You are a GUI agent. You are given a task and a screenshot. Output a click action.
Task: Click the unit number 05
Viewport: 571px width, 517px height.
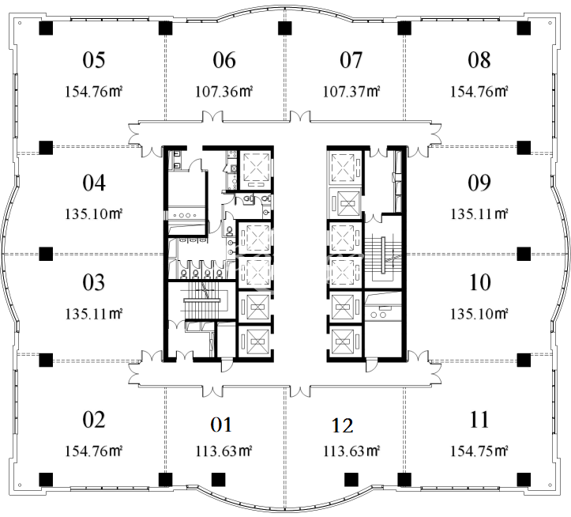point(94,60)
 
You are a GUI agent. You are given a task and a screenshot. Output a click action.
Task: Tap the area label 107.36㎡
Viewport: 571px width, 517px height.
point(224,92)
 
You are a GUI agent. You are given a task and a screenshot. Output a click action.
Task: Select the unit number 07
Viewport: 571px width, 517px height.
point(351,60)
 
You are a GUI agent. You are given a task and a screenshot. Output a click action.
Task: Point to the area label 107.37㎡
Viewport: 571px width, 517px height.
point(351,92)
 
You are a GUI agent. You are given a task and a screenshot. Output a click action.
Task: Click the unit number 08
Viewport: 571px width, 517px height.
point(479,60)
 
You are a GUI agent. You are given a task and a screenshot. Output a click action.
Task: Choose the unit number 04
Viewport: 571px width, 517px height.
point(94,183)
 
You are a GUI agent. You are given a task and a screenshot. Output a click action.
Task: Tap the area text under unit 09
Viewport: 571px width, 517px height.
point(479,214)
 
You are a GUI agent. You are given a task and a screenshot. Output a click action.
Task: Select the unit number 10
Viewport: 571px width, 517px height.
point(480,282)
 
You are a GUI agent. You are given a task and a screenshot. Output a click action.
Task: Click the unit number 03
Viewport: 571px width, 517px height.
point(94,282)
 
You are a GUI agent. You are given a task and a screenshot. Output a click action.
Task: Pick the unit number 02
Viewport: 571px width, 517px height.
point(94,420)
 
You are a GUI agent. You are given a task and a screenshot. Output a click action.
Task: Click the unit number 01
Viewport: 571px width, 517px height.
point(221,425)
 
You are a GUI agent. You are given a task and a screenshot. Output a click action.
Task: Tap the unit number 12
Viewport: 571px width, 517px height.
point(343,425)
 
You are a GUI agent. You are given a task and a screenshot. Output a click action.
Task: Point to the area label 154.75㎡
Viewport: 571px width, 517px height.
point(479,451)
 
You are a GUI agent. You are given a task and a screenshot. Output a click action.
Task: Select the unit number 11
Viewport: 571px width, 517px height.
point(479,420)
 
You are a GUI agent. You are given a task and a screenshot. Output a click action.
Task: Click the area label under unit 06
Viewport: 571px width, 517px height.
point(224,92)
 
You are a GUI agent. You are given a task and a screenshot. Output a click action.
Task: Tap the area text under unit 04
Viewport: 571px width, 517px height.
point(94,214)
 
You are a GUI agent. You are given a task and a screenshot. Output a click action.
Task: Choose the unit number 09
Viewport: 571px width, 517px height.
point(479,183)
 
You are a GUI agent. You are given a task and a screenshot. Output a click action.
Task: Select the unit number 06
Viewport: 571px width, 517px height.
point(224,60)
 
